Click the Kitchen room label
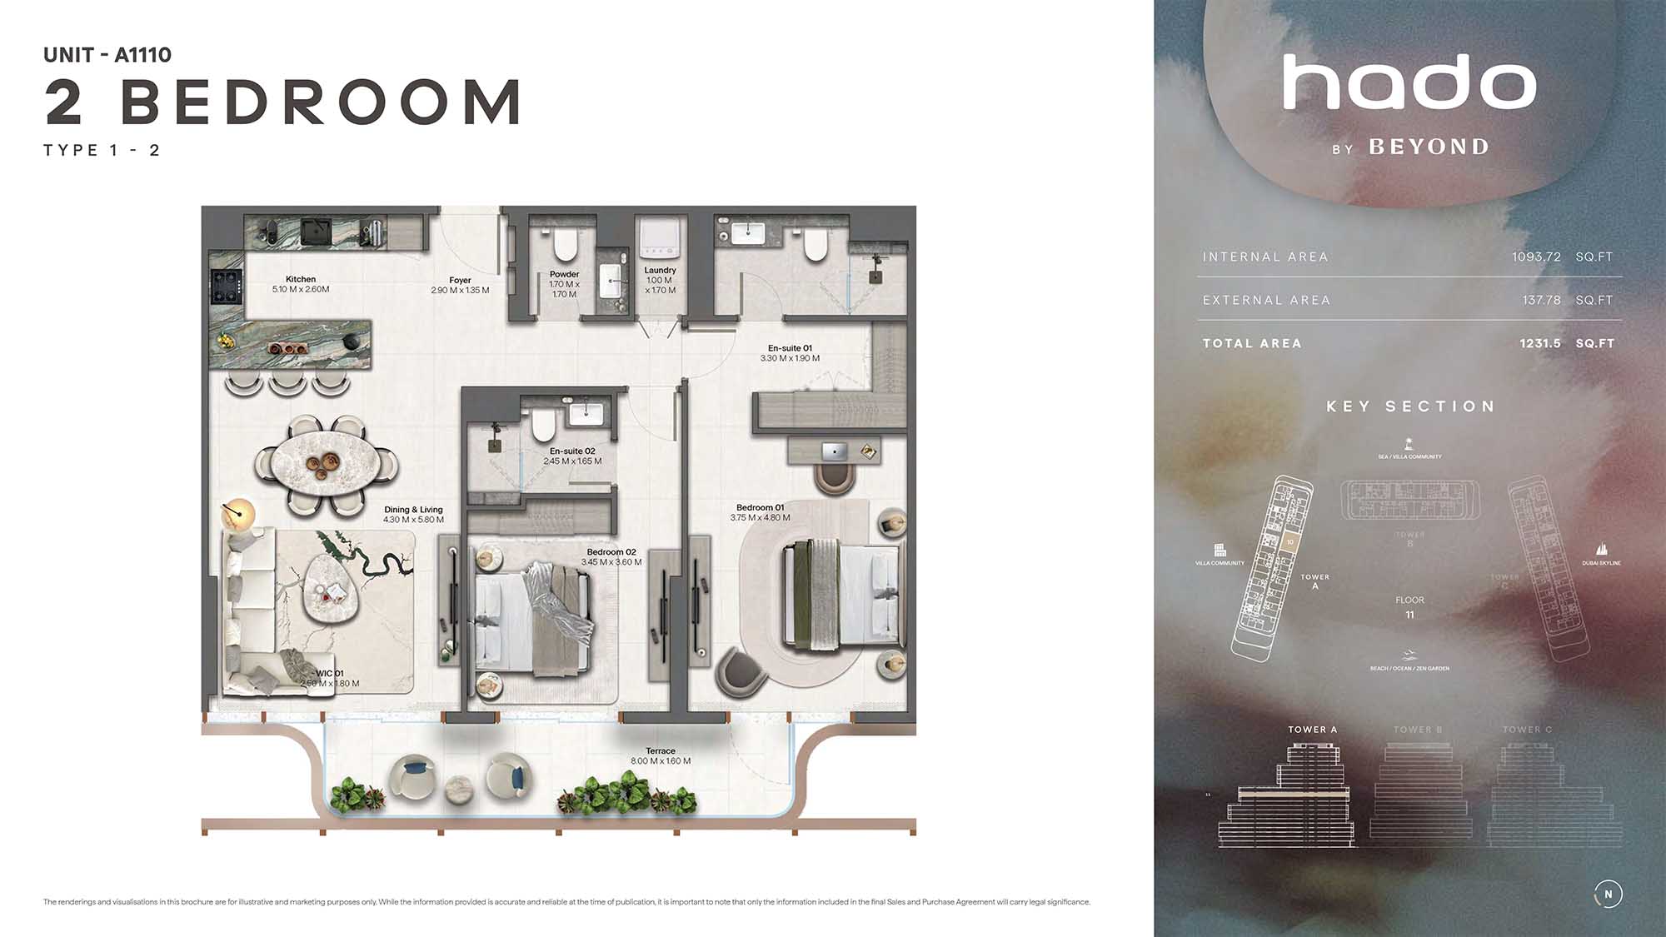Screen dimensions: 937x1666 click(301, 280)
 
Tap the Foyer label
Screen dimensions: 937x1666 click(460, 281)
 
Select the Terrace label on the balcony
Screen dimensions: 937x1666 click(661, 751)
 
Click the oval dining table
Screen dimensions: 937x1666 click(326, 465)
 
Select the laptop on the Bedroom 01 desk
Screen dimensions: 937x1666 click(834, 451)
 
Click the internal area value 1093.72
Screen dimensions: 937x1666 click(1536, 257)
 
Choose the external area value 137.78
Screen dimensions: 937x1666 click(1541, 301)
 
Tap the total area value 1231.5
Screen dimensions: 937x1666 click(1539, 343)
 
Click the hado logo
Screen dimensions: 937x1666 click(1409, 83)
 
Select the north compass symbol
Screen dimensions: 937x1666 click(1608, 894)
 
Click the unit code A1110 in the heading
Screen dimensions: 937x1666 click(142, 55)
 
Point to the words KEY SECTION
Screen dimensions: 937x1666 click(1410, 406)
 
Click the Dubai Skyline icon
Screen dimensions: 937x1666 click(1601, 550)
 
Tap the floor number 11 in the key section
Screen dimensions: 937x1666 click(1409, 615)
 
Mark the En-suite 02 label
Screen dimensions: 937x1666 click(572, 451)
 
